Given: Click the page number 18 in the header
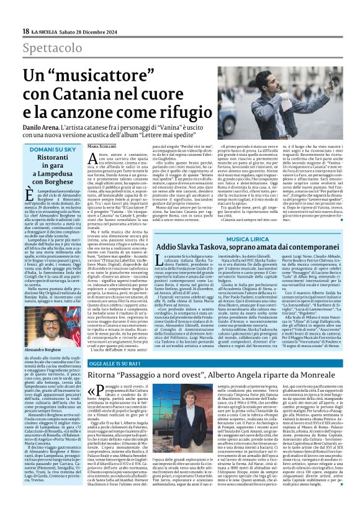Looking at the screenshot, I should [25, 31].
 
